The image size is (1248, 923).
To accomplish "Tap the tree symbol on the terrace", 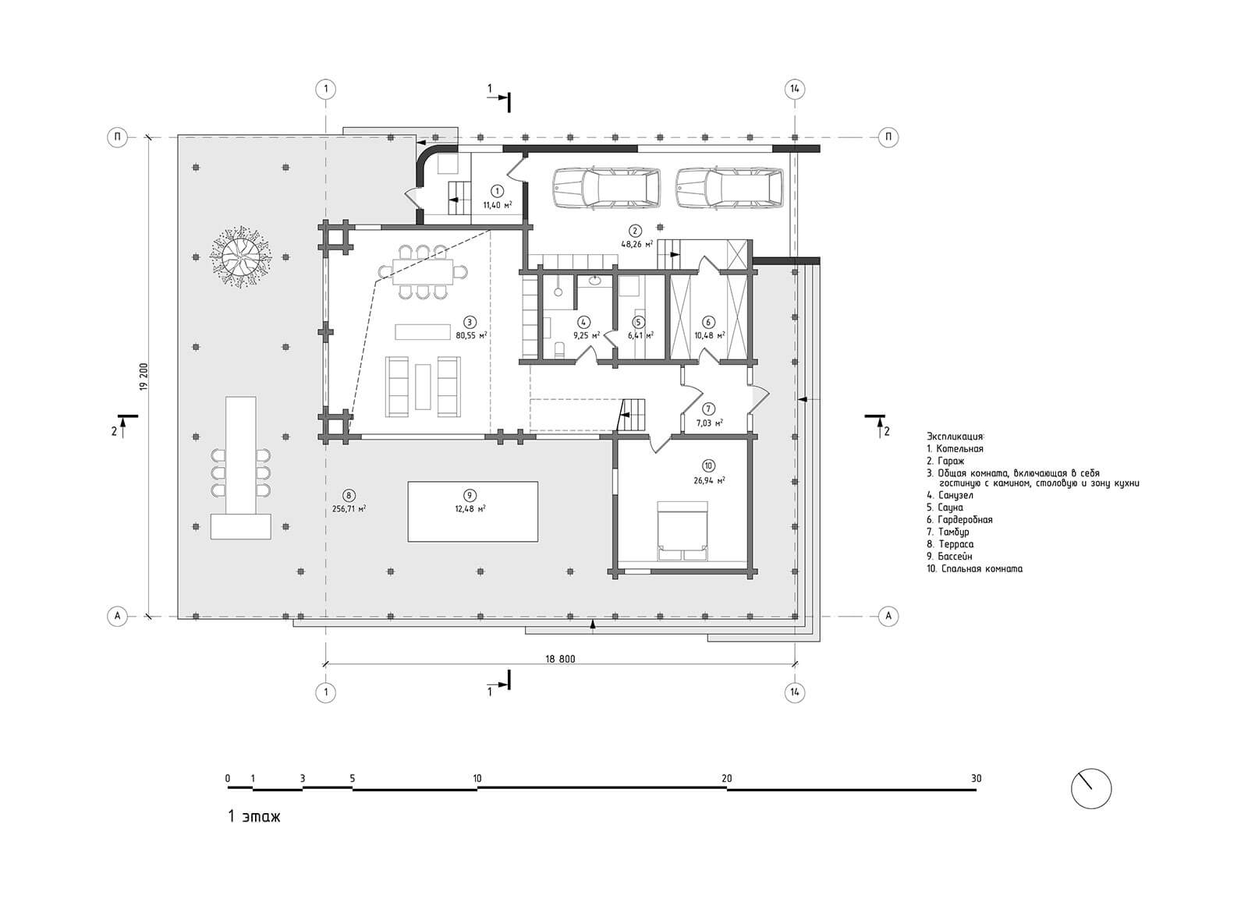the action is pos(240,257).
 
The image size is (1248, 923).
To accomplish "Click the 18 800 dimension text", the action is pos(560,659).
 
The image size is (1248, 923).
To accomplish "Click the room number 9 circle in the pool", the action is pos(469,496).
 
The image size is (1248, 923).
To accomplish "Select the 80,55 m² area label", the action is pos(471,334).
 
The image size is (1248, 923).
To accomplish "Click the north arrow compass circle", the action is pos(1091,788).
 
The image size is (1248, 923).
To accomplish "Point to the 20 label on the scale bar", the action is pos(727,779).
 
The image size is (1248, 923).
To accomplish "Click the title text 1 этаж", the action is pos(253,816).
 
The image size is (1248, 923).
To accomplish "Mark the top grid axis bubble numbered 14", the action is pos(795,89).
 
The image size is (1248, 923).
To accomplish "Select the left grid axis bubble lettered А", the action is pos(118,616).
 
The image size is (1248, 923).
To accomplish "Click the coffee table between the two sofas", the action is pos(423,387).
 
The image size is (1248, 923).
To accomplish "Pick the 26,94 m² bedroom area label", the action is pos(708,481).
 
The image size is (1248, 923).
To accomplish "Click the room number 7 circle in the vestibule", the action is pos(708,409).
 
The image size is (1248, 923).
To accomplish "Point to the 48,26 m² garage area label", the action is pos(636,244).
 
